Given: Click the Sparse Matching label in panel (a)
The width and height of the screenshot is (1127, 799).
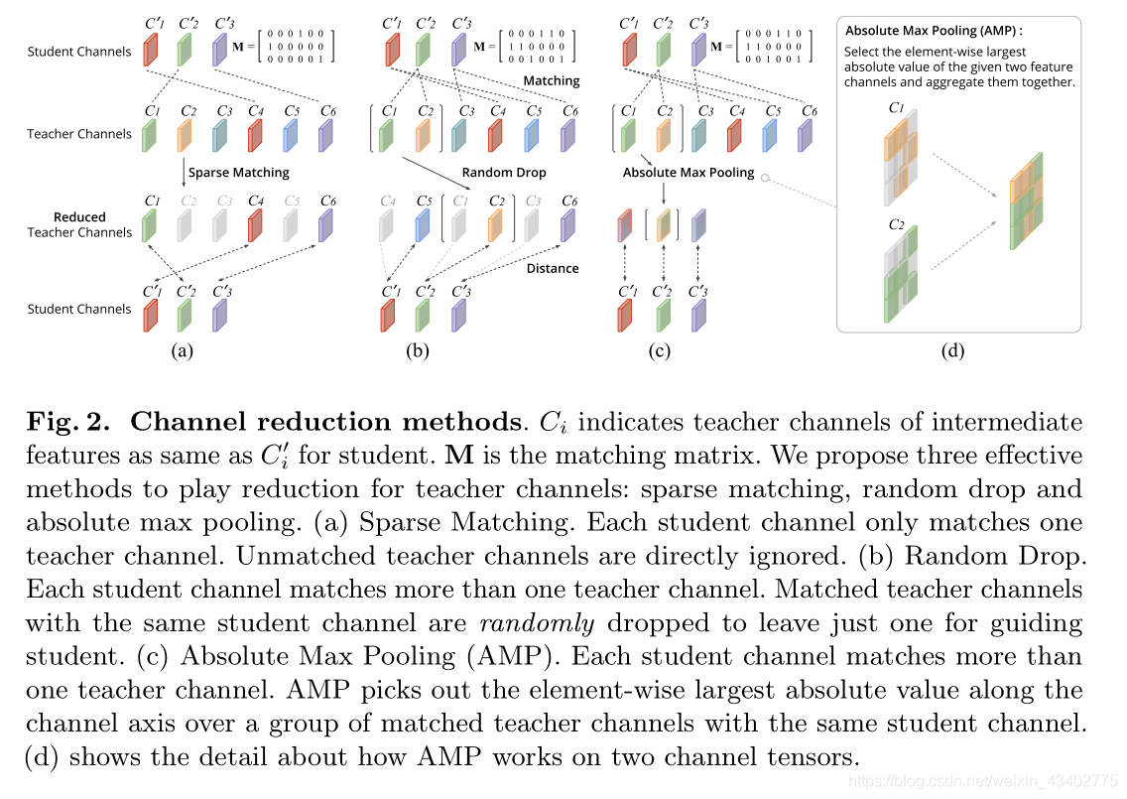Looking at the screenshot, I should tap(238, 172).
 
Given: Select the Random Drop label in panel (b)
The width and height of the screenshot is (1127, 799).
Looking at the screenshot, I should tap(505, 172).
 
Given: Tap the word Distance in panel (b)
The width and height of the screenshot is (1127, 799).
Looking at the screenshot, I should tap(553, 268).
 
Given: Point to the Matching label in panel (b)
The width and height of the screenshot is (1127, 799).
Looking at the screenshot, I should tap(552, 80).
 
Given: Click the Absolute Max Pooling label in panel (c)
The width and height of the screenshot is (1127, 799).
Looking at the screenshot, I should tap(689, 172).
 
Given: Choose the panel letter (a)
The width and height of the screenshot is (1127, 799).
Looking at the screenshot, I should tap(182, 349).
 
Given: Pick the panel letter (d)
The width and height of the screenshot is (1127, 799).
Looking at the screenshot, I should tap(951, 349).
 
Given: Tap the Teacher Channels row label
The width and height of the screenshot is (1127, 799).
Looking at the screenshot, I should tap(79, 134).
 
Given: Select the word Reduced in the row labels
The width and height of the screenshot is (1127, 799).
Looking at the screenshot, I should tap(80, 216).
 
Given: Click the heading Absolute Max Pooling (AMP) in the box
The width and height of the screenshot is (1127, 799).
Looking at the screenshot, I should tap(932, 31).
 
